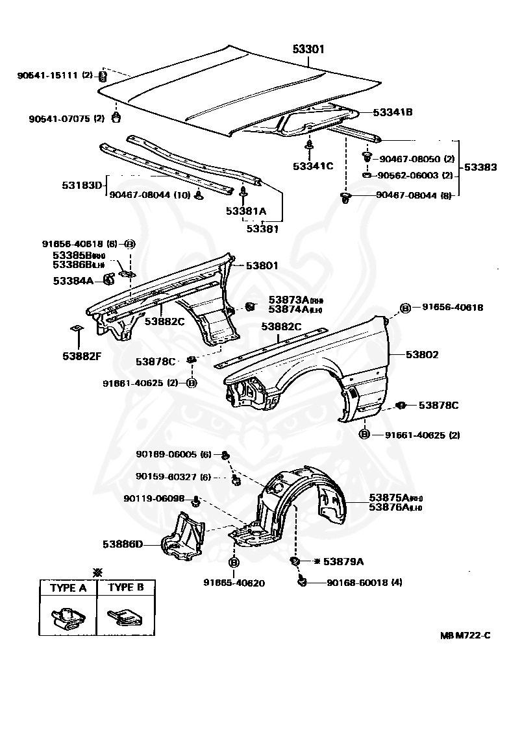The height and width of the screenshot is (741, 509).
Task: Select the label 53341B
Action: pos(392,112)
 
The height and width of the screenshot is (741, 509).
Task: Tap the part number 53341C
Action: pos(312,166)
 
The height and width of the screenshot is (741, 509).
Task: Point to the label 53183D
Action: pos(82,186)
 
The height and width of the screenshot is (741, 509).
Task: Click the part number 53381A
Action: pos(246,211)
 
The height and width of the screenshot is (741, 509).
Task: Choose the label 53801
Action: pos(262,265)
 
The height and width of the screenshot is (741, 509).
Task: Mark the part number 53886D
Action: pos(122,544)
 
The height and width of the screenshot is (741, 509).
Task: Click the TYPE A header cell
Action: pos(68,589)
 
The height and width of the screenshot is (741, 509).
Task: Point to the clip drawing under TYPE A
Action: pos(68,617)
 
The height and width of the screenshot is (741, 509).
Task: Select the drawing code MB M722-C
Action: pos(464,635)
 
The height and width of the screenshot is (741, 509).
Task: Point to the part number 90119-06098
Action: pos(154,498)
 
